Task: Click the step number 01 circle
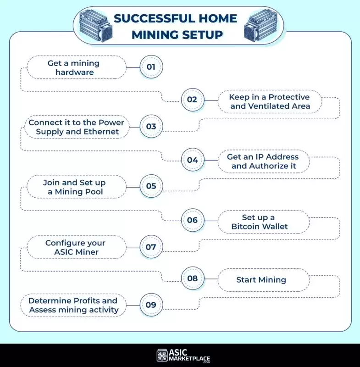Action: pyautogui.click(x=151, y=67)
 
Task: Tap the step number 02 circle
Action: pyautogui.click(x=192, y=100)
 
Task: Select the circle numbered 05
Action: pyautogui.click(x=151, y=186)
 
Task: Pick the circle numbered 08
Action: pyautogui.click(x=192, y=278)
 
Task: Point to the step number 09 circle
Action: pyautogui.click(x=151, y=305)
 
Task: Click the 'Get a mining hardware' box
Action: pyautogui.click(x=73, y=67)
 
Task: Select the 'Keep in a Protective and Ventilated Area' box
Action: pyautogui.click(x=270, y=102)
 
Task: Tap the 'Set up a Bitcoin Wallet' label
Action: pyautogui.click(x=259, y=222)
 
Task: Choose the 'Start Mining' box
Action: pyautogui.click(x=261, y=280)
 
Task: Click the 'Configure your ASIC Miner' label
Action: pyautogui.click(x=75, y=247)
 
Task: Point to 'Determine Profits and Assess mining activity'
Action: pyautogui.click(x=73, y=305)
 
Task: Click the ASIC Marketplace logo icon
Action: pyautogui.click(x=161, y=355)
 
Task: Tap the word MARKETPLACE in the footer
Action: pyautogui.click(x=189, y=358)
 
